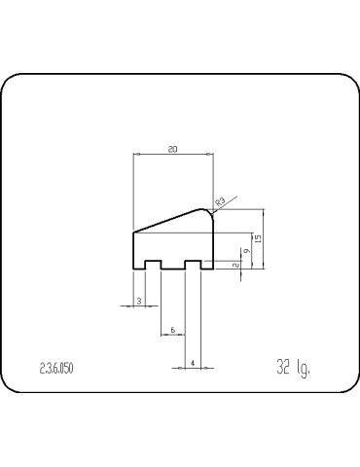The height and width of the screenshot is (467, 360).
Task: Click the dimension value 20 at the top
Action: click(172, 149)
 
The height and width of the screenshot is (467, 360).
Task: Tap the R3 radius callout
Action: click(221, 201)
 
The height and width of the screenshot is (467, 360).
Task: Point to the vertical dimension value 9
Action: click(248, 251)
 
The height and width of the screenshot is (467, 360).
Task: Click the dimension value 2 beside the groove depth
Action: click(236, 264)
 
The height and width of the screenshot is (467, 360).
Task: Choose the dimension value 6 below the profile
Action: click(172, 330)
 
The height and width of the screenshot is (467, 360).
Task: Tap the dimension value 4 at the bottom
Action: click(194, 363)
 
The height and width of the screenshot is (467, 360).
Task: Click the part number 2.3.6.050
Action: click(56, 367)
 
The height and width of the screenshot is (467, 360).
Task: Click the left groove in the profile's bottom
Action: click(153, 264)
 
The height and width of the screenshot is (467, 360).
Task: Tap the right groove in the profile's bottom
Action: click(194, 264)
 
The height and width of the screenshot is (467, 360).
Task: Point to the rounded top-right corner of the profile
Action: click(209, 211)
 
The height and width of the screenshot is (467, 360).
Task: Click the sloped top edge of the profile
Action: click(170, 220)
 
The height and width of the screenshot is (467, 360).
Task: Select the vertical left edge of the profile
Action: click(132, 249)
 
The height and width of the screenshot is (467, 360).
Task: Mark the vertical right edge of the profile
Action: click(214, 243)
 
